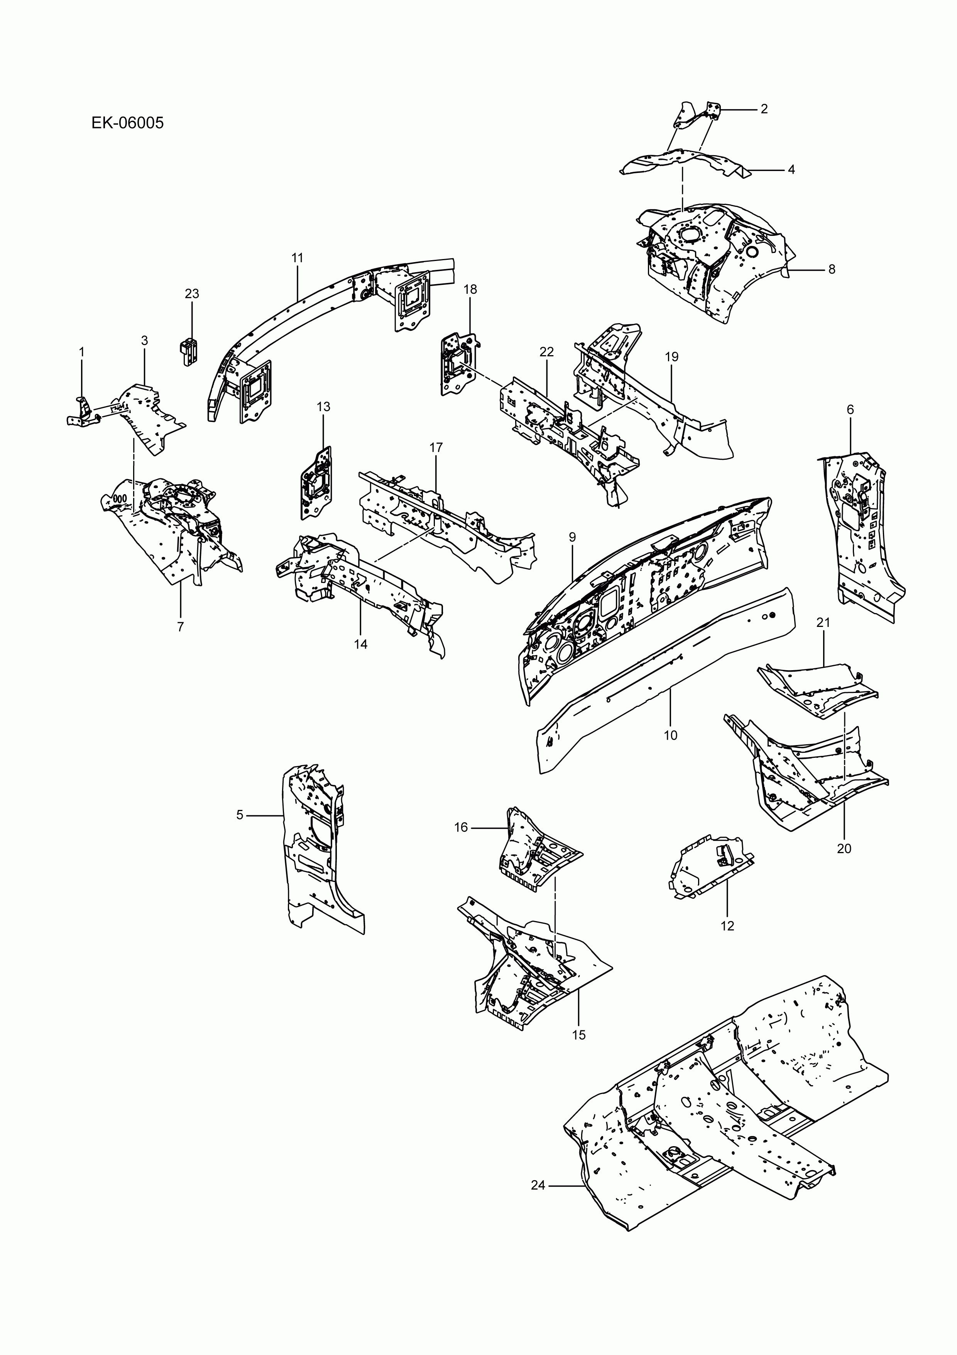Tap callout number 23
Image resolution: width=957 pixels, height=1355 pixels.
pos(192,293)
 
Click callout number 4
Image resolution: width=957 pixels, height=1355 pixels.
pos(791,170)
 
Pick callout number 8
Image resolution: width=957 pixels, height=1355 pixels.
pos(832,270)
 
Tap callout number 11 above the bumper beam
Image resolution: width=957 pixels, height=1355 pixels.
pos(298,258)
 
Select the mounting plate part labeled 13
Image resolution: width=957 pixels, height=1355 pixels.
pos(317,483)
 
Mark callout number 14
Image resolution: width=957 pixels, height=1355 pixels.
pos(360,644)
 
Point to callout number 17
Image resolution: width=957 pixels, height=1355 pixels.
pos(436,447)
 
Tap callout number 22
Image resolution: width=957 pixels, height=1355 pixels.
pos(546,352)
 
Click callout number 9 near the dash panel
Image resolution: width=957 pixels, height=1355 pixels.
pos(572,537)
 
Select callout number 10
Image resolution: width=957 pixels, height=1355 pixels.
pos(670,735)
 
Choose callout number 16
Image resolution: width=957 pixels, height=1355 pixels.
pos(461,827)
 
